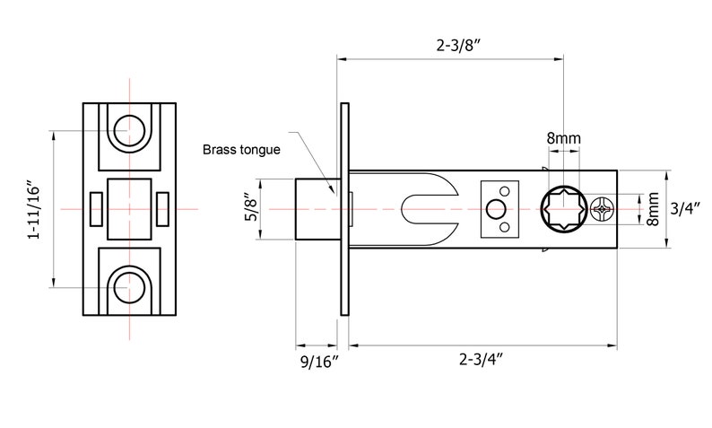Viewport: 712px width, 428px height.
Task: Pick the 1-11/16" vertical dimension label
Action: pyautogui.click(x=35, y=209)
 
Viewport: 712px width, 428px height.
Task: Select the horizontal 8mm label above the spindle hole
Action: pyautogui.click(x=563, y=138)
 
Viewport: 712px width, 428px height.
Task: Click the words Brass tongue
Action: pyautogui.click(x=242, y=150)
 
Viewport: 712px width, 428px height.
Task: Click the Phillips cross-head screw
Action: pyautogui.click(x=603, y=210)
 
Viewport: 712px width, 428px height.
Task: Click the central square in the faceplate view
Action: pyautogui.click(x=130, y=209)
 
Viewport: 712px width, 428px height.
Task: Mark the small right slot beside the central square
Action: pyautogui.click(x=162, y=209)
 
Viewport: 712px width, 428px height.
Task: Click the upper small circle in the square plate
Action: pyautogui.click(x=506, y=192)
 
